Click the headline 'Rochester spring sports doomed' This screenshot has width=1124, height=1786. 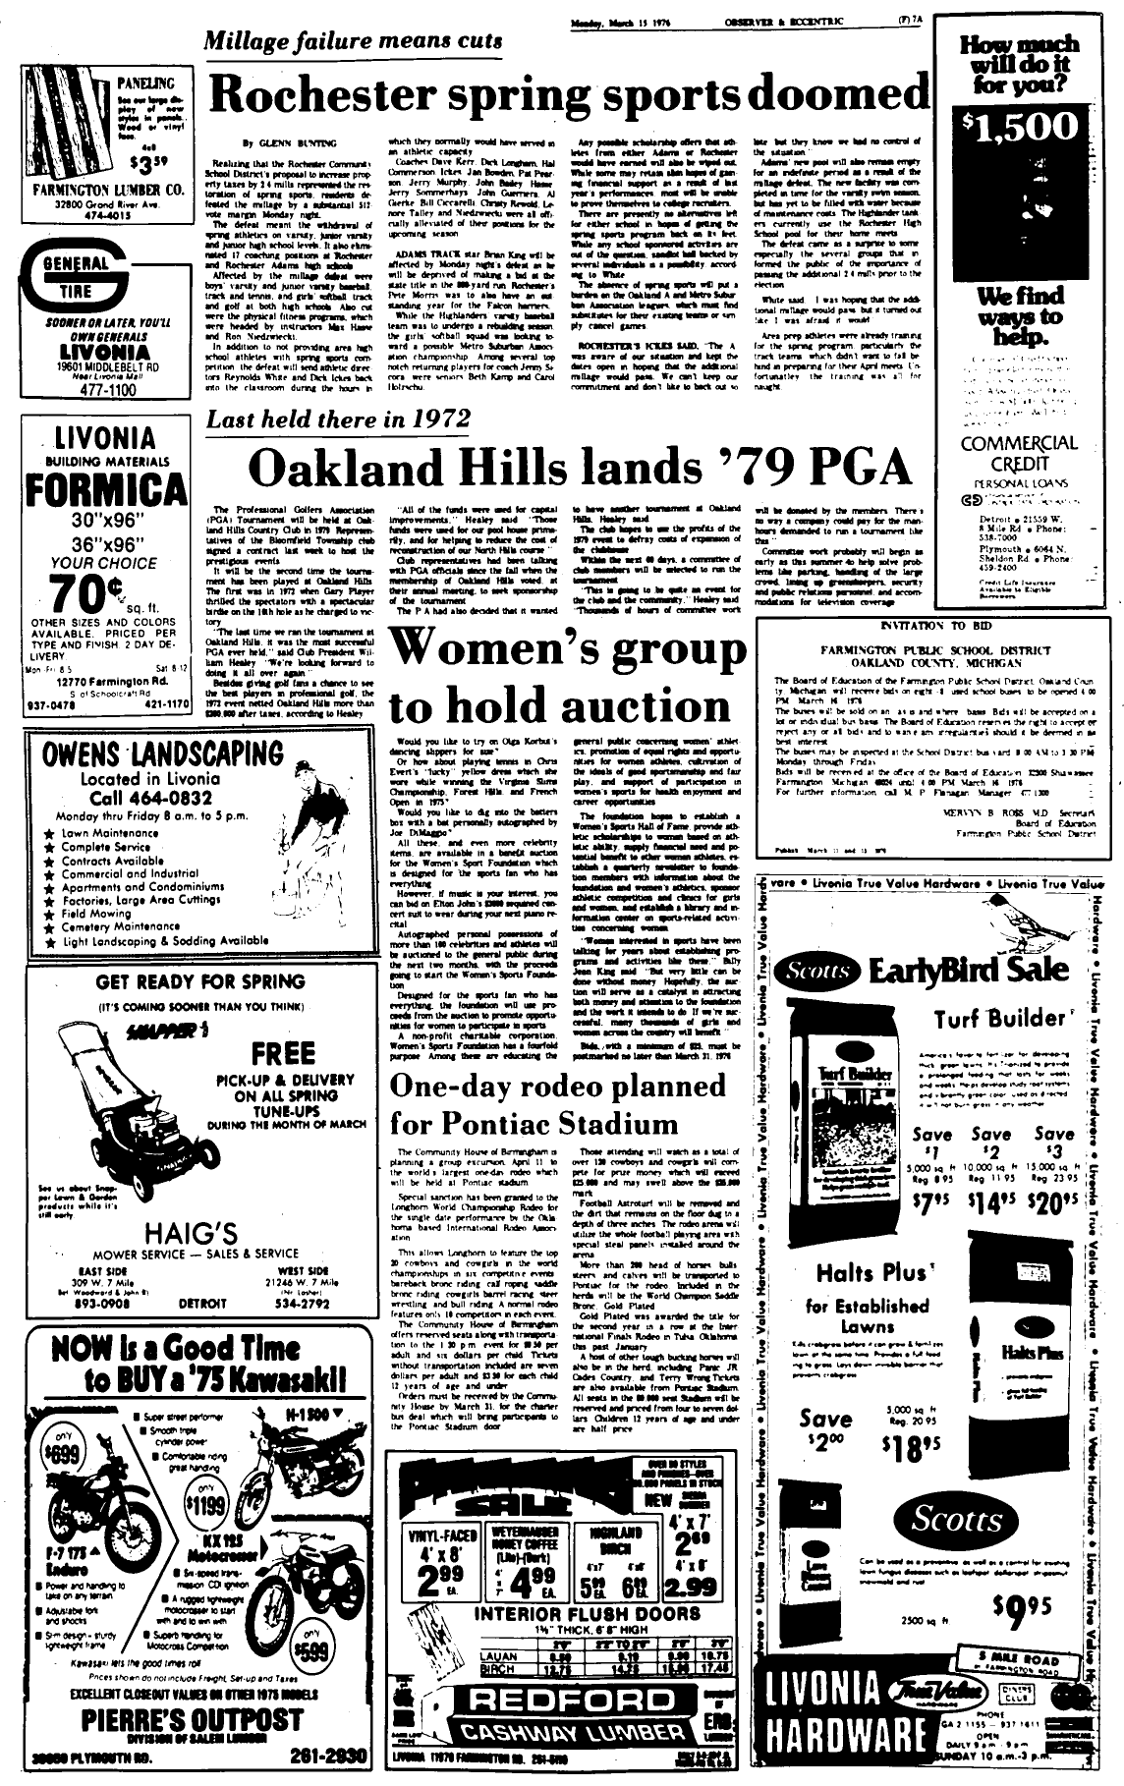(x=568, y=95)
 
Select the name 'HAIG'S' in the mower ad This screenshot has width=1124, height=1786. (x=204, y=1232)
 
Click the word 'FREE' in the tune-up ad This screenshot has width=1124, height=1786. (x=283, y=1054)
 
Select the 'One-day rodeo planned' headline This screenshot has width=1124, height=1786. (x=558, y=1086)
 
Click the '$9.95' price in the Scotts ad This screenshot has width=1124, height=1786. (x=1022, y=1606)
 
